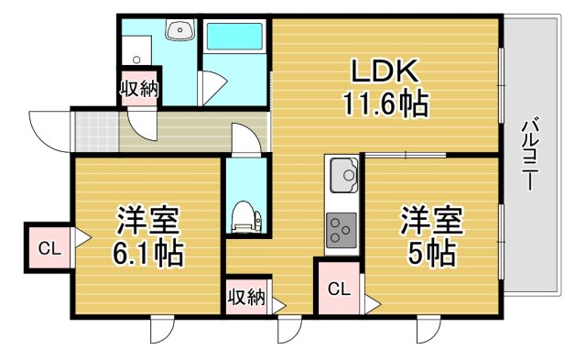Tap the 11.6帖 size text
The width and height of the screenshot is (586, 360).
click(385, 104)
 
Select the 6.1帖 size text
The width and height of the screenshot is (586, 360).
click(146, 252)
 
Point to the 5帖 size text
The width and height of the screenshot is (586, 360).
click(432, 252)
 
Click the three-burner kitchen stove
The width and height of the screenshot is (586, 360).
click(342, 228)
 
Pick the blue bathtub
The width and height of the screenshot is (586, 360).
click(233, 38)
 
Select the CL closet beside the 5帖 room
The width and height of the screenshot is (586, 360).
click(338, 289)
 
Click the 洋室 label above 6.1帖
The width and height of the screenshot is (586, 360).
click(146, 220)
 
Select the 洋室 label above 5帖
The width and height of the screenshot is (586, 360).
click(432, 220)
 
